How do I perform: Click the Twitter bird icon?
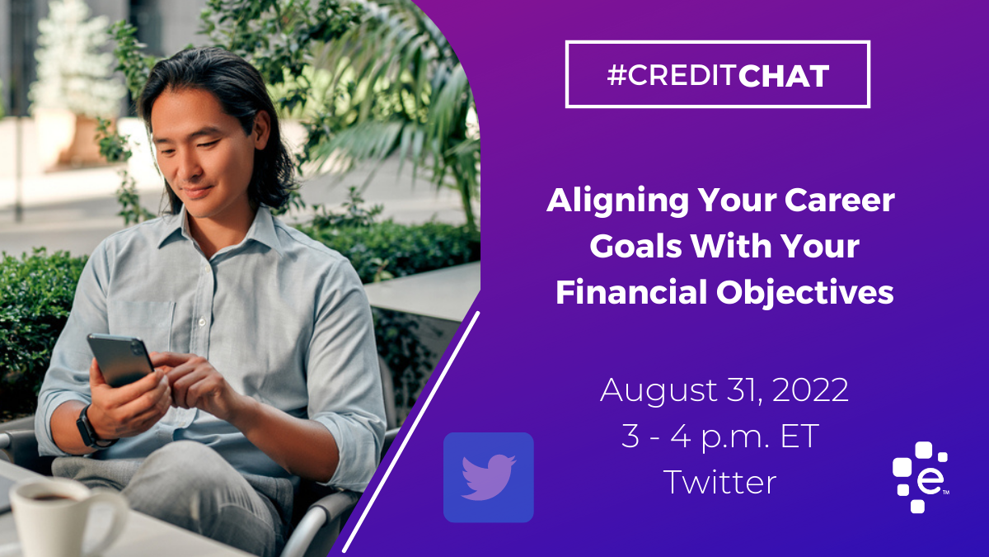point(489,478)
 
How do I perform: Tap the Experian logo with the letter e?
point(920,477)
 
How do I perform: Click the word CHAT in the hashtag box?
point(784,76)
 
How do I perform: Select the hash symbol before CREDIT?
point(616,76)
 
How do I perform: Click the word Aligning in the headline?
point(617,202)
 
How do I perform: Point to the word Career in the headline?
point(839,201)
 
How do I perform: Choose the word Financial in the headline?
point(631,292)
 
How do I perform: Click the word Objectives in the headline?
point(805,293)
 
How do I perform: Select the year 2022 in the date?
point(811,389)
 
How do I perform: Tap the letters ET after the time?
point(799,437)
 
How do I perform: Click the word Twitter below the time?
point(719,482)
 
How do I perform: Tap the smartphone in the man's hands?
point(120,360)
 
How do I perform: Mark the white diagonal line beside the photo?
point(411,432)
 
